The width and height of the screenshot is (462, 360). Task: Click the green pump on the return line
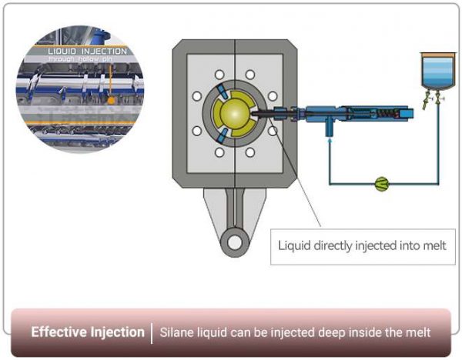[x=380, y=184]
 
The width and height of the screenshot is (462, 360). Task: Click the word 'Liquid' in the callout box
[x=295, y=246]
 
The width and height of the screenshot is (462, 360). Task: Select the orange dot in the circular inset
[x=112, y=100]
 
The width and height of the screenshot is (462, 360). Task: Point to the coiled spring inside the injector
[x=361, y=115]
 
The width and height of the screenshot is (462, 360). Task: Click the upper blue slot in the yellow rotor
[x=221, y=94]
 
